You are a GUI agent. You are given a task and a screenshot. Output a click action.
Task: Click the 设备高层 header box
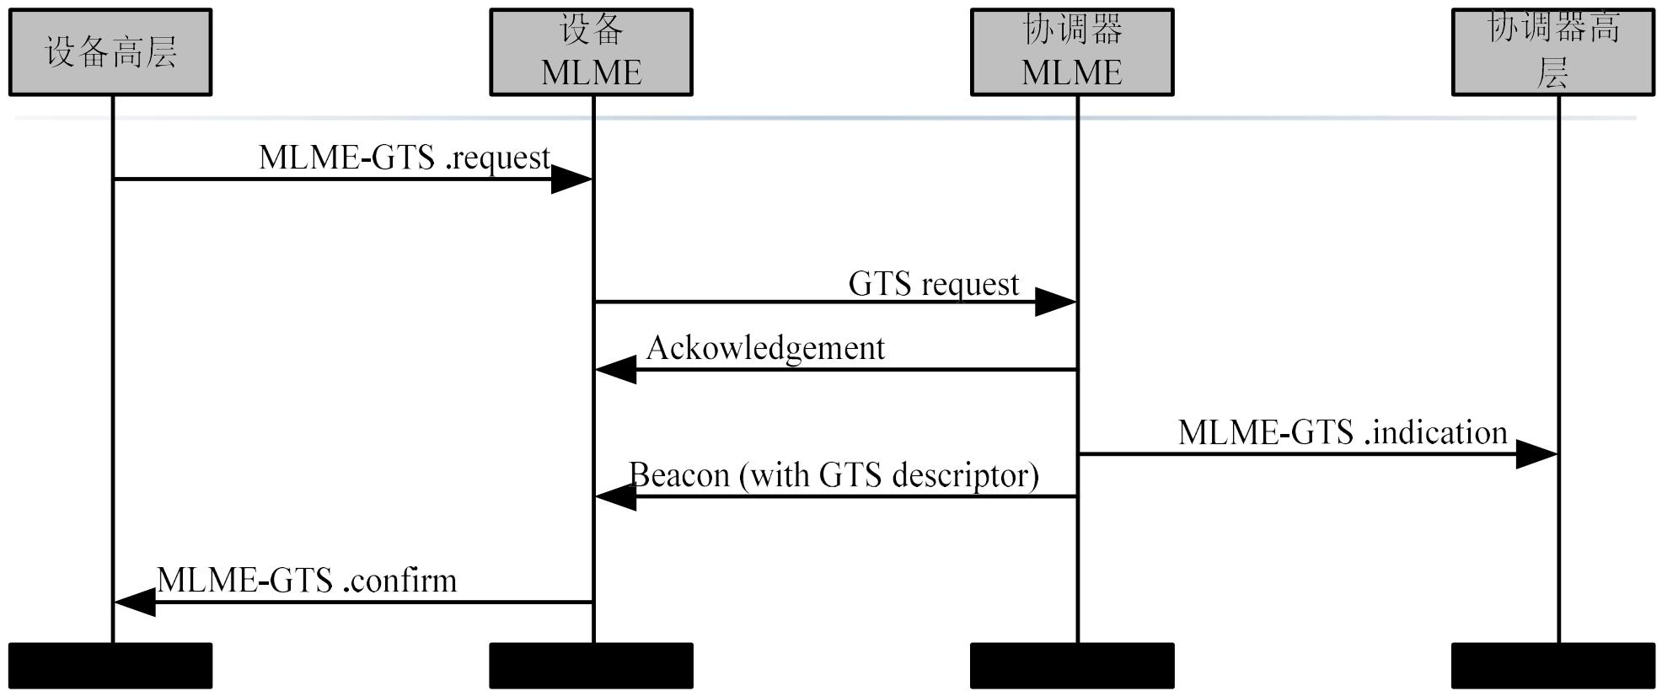point(110,52)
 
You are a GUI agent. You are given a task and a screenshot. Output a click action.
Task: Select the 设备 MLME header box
point(592,52)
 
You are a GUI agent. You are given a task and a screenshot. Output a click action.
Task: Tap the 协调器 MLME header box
point(1072,52)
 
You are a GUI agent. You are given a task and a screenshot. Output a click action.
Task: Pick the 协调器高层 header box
point(1553,52)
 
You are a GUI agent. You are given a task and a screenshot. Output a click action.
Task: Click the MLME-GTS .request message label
point(405,158)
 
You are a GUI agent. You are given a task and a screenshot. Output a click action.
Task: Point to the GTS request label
point(934,284)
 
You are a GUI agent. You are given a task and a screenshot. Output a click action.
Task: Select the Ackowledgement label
point(765,348)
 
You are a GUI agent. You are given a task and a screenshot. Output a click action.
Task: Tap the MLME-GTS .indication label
point(1343,432)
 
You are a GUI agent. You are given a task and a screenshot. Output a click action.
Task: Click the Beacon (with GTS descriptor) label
point(834,475)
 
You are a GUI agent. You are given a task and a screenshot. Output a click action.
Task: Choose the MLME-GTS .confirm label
point(307,581)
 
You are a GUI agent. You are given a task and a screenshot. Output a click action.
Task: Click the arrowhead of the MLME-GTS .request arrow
point(571,179)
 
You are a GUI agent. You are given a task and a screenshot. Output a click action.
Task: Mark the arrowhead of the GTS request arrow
point(1055,302)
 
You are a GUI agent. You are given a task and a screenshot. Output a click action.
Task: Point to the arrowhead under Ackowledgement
point(615,369)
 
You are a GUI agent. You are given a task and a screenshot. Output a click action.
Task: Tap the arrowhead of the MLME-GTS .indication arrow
point(1536,454)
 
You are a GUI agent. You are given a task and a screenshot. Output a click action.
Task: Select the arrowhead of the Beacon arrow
point(615,496)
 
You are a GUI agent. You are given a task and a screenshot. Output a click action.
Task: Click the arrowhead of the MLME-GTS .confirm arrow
point(135,602)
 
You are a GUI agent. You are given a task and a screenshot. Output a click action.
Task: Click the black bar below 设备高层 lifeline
point(110,666)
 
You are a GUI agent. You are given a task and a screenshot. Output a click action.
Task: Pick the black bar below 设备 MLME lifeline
point(592,666)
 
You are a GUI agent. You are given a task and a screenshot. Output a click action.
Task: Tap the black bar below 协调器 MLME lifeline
point(1072,666)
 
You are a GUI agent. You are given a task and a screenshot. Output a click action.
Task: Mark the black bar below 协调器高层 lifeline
point(1553,666)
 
